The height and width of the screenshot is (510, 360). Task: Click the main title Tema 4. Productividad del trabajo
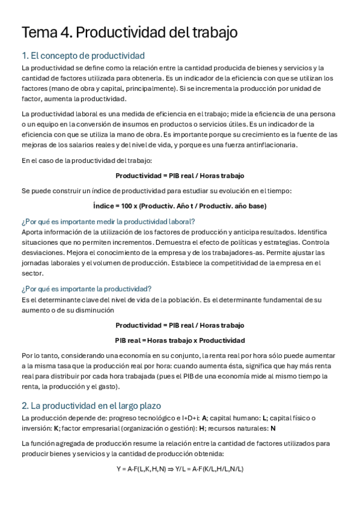tap(129, 32)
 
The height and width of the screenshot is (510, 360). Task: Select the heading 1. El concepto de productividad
tap(83, 56)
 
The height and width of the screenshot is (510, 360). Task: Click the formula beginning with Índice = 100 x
tap(180, 206)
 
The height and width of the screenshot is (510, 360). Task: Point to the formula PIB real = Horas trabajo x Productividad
tap(180, 340)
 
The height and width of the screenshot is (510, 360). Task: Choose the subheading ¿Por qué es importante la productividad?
tap(87, 288)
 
